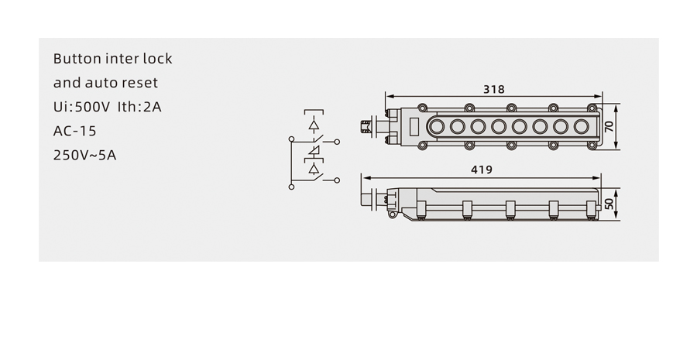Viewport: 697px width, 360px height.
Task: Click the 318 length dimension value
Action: [494, 89]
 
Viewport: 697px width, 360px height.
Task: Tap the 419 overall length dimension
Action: [482, 170]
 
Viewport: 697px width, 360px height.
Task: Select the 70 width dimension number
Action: [609, 126]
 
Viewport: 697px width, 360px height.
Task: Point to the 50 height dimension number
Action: [609, 204]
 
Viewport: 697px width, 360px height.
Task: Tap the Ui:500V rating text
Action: [81, 107]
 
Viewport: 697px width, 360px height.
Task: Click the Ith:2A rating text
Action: [139, 107]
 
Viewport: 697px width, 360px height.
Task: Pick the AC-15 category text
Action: [74, 131]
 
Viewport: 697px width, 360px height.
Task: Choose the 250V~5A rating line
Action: [84, 155]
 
